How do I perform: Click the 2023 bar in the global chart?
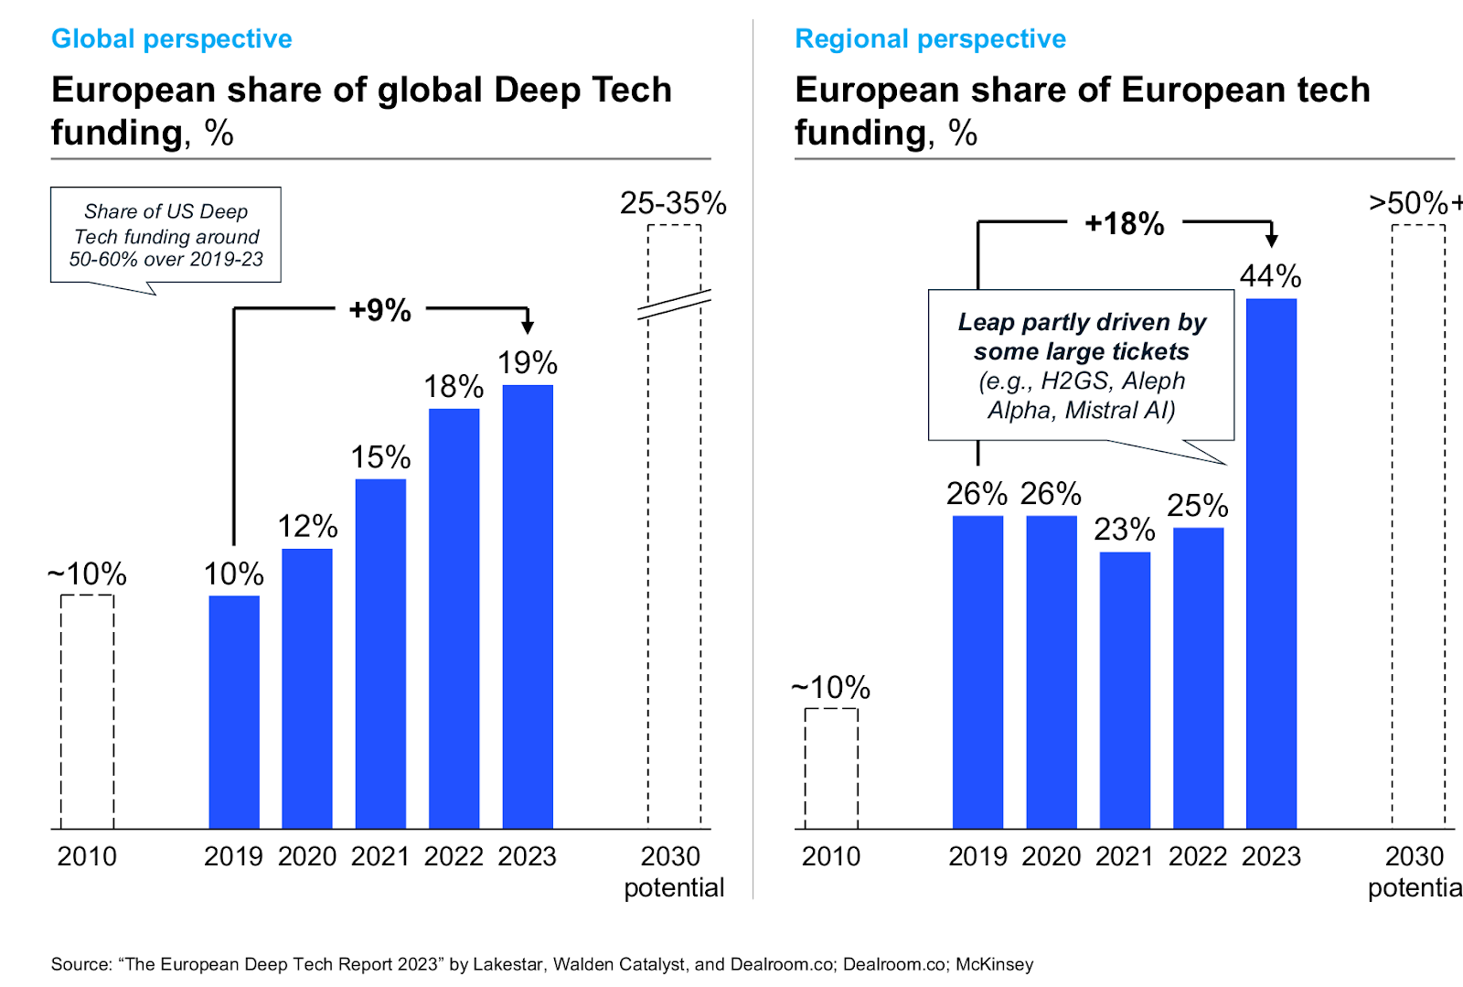528,606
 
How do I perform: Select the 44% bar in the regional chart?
1271,563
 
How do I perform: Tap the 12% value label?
307,526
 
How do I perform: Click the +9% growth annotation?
380,310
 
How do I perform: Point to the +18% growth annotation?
1124,223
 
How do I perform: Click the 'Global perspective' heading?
172,38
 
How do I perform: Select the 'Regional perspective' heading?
930,38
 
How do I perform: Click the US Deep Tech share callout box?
166,235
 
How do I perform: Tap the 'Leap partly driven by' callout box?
1081,365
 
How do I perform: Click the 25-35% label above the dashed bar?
673,203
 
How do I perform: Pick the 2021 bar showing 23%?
1125,690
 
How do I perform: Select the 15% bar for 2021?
380,653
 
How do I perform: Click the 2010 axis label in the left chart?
87,856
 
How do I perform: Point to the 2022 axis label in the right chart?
1198,856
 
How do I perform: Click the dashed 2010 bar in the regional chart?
831,768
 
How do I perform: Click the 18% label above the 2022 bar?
454,386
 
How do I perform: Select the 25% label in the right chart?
1197,505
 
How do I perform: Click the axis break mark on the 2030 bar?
674,305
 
